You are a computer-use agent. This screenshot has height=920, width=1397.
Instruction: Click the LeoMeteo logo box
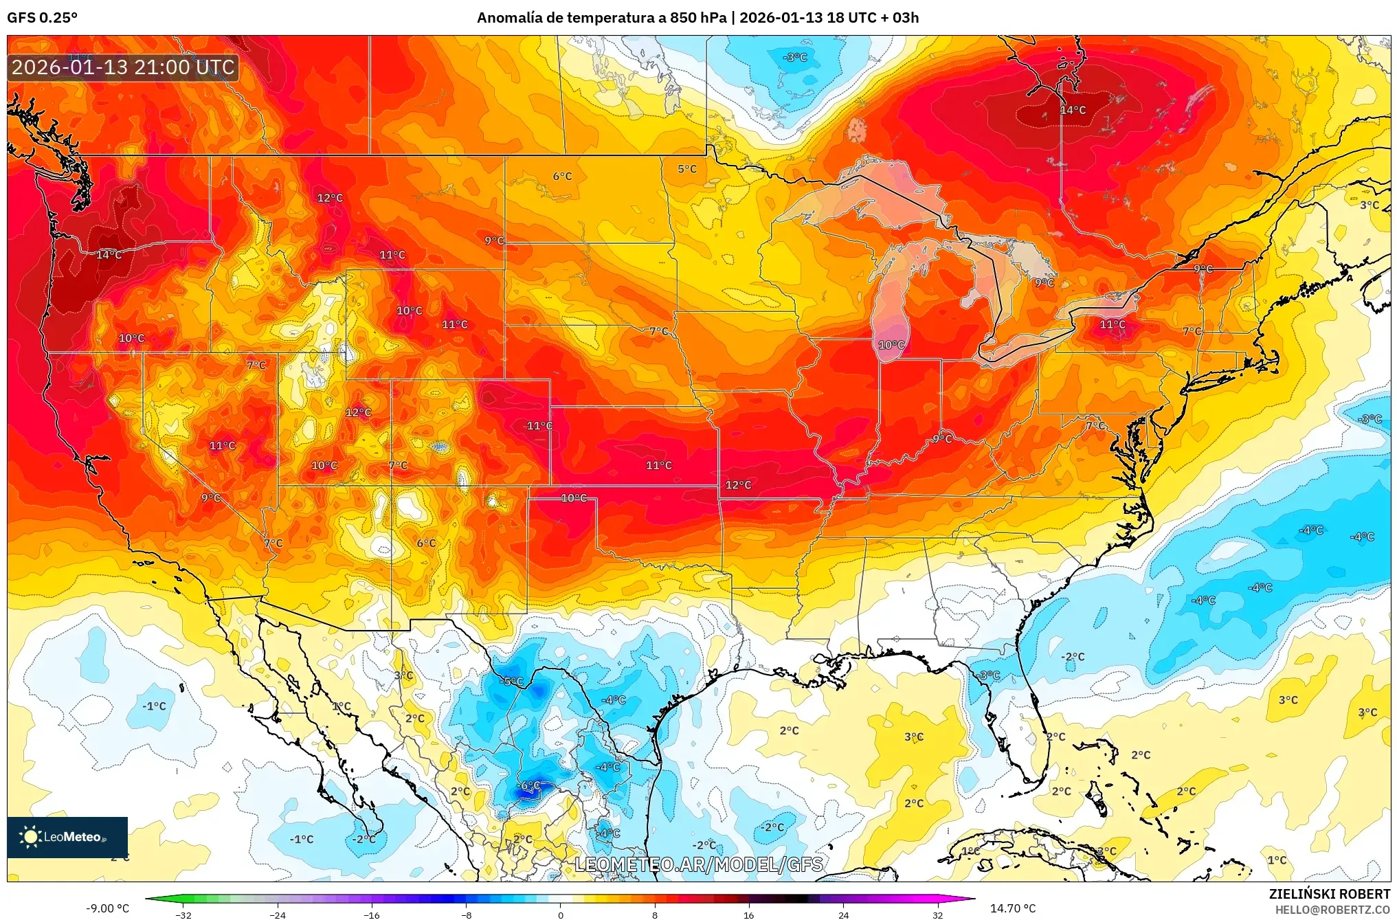[67, 836]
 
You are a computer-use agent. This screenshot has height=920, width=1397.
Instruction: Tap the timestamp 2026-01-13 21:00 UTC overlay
[124, 67]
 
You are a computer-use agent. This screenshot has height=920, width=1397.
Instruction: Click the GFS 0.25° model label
[42, 18]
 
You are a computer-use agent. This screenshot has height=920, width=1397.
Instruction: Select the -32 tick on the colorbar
[183, 915]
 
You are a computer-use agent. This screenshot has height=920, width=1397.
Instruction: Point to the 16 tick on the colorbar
[748, 915]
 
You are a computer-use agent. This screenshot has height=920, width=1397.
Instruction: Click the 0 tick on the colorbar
[561, 915]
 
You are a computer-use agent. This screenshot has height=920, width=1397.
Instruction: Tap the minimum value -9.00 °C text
[107, 908]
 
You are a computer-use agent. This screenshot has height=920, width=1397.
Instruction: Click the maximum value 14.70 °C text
[1012, 908]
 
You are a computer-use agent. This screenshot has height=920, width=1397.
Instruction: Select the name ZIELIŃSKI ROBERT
[1329, 894]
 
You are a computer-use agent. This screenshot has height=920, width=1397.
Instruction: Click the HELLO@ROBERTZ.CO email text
[1332, 910]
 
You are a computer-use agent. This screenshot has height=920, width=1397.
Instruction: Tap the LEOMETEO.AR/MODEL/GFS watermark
[698, 864]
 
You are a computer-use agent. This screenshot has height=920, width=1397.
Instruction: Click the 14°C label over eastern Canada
[1073, 110]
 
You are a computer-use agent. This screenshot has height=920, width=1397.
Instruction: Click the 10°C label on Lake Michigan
[891, 345]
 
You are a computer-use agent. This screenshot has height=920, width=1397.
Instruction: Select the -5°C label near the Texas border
[512, 682]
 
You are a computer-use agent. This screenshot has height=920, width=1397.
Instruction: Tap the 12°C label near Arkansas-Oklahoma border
[738, 485]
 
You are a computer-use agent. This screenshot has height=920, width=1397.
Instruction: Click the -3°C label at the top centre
[795, 58]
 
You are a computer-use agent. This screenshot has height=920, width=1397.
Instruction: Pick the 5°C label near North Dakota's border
[686, 169]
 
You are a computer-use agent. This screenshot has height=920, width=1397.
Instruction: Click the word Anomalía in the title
[509, 18]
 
